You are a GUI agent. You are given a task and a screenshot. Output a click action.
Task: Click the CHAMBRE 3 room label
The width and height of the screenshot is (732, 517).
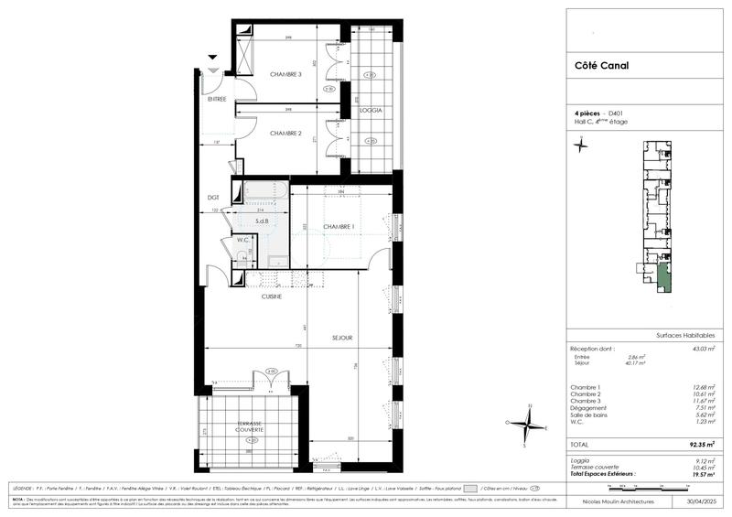pos(285,74)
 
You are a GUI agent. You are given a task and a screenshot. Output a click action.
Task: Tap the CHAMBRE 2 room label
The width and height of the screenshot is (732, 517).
pos(285,134)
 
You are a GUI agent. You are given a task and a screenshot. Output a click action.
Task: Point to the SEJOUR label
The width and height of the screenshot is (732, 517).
pos(343,338)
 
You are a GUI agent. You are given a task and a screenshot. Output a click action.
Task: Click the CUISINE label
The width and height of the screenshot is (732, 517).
pos(272,296)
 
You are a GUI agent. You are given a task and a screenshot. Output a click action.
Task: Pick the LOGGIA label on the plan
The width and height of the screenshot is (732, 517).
pos(371,110)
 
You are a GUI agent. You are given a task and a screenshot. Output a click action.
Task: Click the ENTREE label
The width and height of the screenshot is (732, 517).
pos(217,98)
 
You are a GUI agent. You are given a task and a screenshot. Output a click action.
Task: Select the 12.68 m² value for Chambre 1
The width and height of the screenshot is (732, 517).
pos(704,388)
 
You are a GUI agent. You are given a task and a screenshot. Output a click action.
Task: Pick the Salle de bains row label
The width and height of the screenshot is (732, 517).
pos(591,415)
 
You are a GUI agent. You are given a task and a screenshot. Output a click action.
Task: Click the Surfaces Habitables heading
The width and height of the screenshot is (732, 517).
pos(685,336)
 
